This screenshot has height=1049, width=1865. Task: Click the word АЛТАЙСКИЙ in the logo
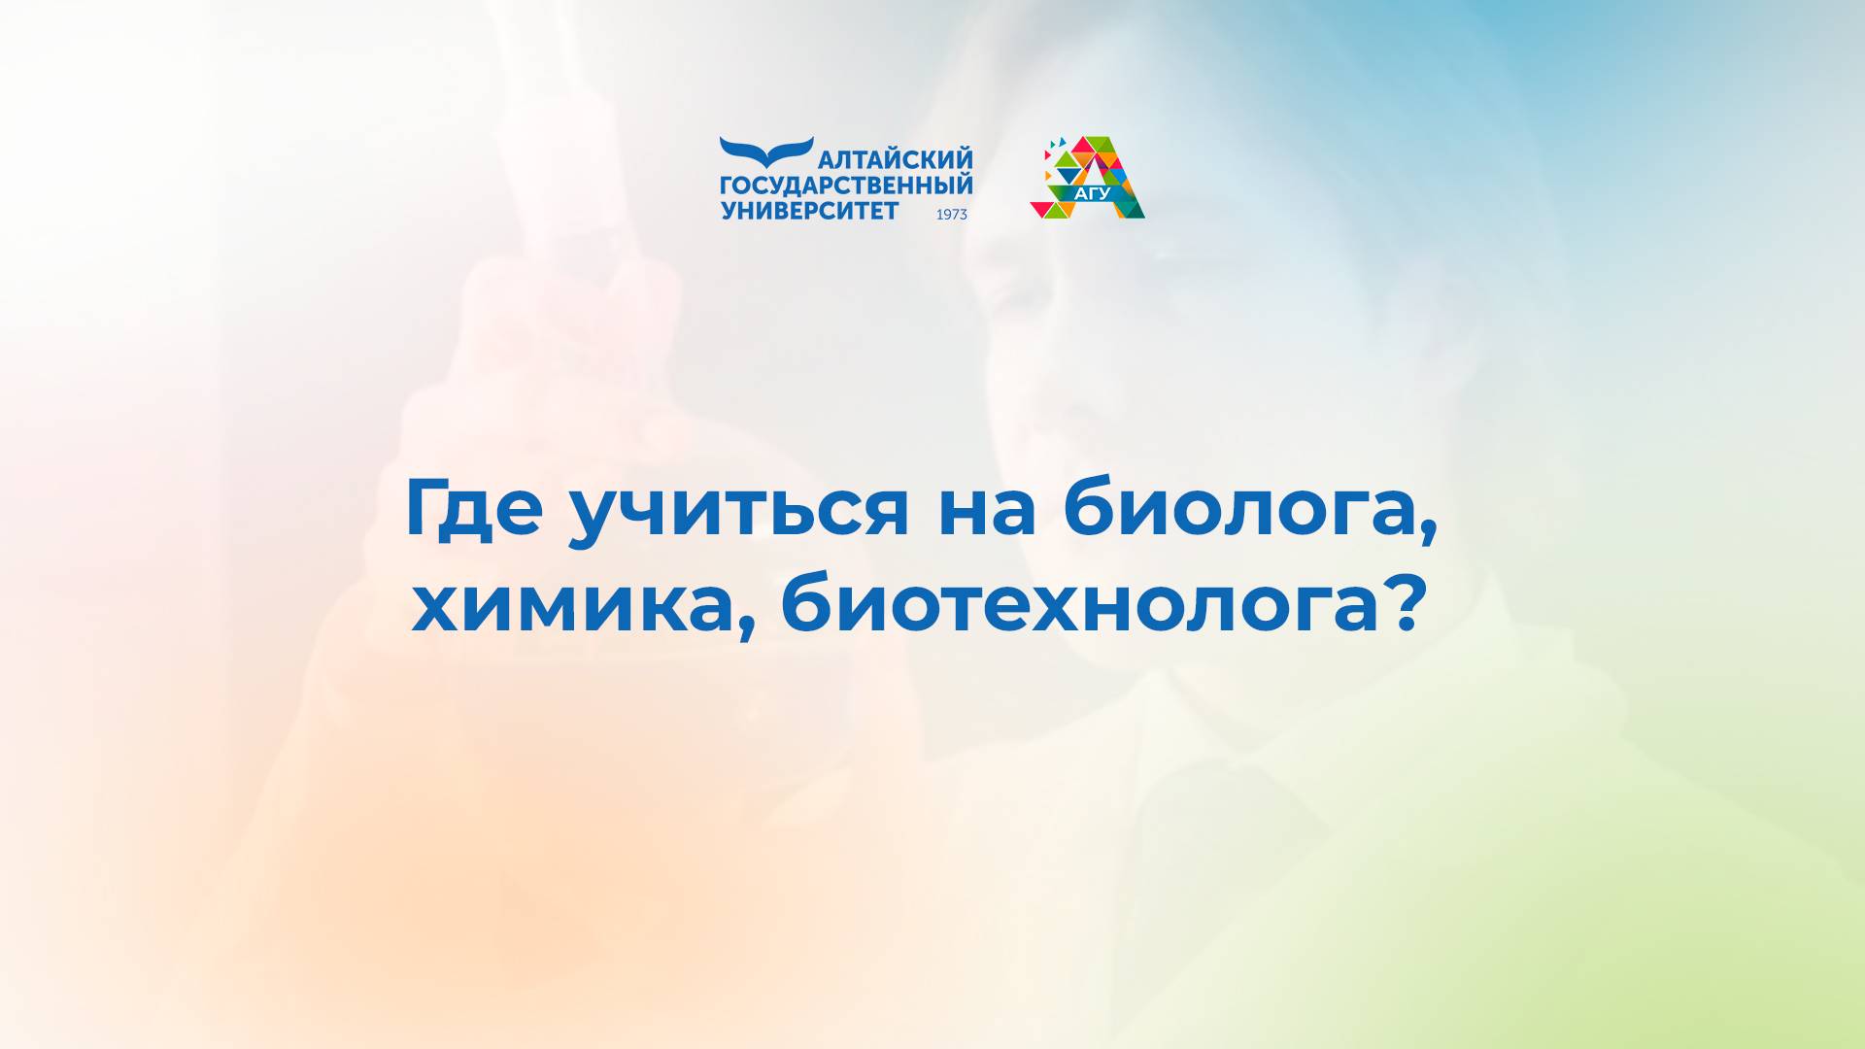(896, 160)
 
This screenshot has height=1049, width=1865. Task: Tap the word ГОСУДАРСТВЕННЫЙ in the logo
(846, 186)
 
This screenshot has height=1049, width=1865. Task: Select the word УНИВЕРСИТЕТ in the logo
(810, 210)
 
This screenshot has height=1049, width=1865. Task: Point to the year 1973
(952, 215)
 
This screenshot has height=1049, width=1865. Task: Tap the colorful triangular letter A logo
(1088, 177)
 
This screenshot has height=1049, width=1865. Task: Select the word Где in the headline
(473, 507)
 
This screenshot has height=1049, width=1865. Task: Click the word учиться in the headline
(739, 512)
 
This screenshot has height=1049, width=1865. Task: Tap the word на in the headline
(987, 513)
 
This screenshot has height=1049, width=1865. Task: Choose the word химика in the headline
(572, 610)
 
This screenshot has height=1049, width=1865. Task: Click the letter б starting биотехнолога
(805, 603)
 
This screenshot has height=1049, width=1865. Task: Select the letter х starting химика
(436, 611)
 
